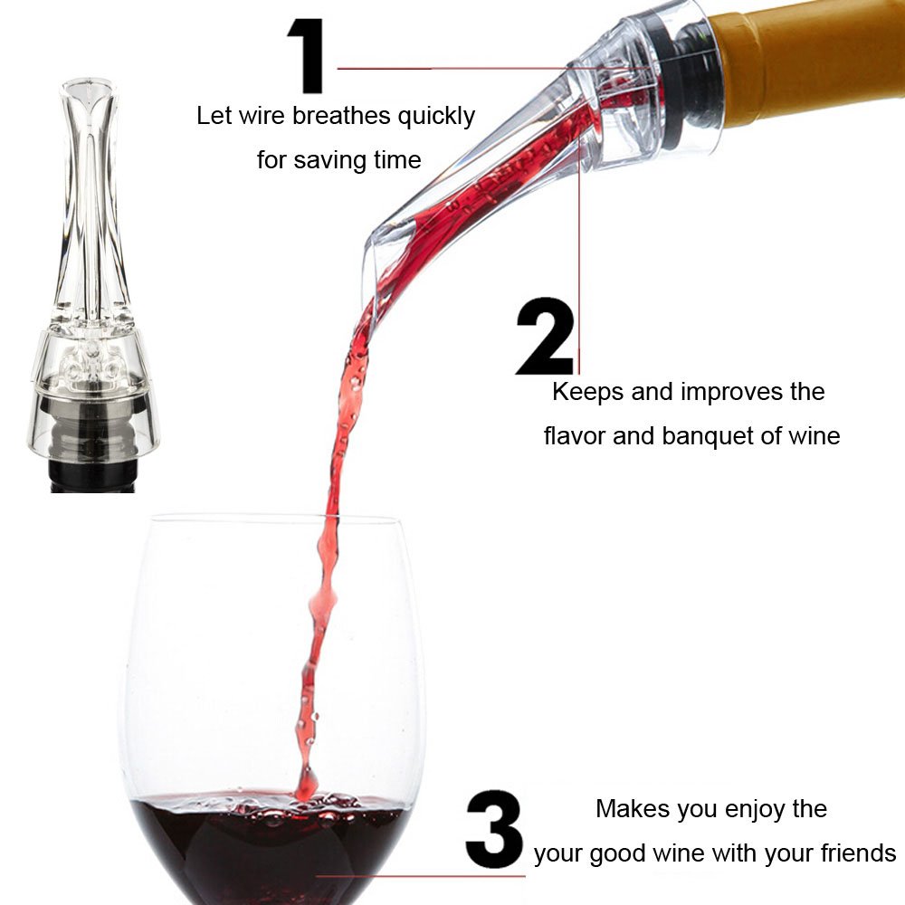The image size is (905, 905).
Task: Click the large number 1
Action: pyautogui.click(x=309, y=55)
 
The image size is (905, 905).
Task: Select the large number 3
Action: pyautogui.click(x=493, y=829)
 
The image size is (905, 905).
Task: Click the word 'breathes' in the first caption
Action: pyautogui.click(x=341, y=116)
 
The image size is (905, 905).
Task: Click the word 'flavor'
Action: pyautogui.click(x=575, y=435)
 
